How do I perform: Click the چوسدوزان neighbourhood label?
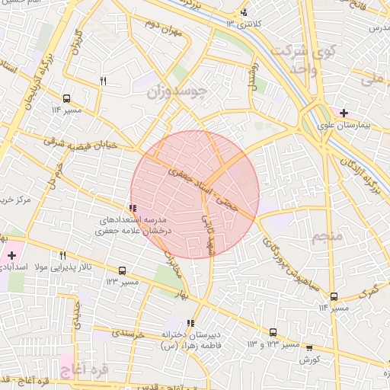176,92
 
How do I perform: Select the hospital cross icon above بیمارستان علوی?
345,112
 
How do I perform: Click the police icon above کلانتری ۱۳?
244,12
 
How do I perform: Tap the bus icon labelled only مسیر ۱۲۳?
122,270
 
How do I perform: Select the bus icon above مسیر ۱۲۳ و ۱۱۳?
273,332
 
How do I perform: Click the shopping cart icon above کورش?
309,347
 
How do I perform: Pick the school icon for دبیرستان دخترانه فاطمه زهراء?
190,323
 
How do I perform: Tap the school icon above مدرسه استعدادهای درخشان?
133,207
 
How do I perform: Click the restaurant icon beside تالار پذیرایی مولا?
62,256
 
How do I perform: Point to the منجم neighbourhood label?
328,237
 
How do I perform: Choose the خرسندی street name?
128,333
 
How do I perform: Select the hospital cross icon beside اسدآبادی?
11,254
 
